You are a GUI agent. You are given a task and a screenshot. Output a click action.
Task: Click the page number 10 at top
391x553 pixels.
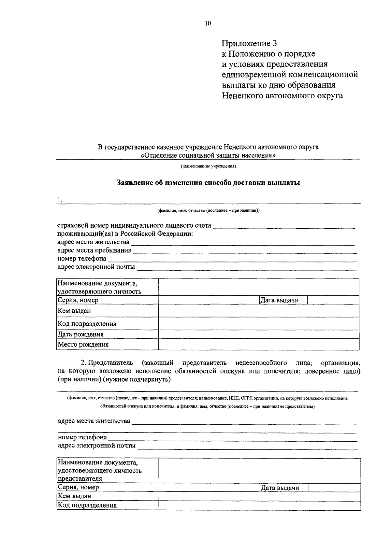point(208,23)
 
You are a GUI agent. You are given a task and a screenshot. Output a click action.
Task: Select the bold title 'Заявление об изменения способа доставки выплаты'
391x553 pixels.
point(208,183)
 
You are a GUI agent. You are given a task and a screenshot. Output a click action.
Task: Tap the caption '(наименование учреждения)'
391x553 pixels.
point(208,166)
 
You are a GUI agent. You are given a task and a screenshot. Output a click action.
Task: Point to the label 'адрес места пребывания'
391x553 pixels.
point(94,250)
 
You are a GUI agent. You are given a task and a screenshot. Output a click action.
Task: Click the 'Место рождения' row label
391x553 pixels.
point(83,345)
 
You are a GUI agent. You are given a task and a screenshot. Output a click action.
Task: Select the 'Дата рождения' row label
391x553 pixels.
point(80,334)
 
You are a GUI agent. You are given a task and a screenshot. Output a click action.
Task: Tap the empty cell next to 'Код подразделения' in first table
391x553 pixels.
point(258,324)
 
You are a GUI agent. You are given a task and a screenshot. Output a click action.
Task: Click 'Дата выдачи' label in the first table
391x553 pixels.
point(279,300)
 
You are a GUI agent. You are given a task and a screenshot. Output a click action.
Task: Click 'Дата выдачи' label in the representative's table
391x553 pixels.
point(280,488)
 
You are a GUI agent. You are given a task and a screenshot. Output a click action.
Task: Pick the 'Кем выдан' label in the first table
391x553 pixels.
point(74,311)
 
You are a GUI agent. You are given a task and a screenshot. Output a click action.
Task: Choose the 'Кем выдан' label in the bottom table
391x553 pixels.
point(74,496)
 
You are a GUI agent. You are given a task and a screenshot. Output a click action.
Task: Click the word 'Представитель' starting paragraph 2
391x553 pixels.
point(111,363)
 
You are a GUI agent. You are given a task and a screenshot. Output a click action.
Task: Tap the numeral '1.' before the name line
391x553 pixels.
point(59,200)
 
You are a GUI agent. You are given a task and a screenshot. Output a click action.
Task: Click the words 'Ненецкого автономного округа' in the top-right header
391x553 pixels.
point(282,96)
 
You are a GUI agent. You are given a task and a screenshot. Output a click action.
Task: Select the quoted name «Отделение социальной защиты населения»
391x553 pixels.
point(208,155)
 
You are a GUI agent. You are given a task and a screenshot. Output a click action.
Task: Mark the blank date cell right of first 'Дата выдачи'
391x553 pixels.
point(333,300)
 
